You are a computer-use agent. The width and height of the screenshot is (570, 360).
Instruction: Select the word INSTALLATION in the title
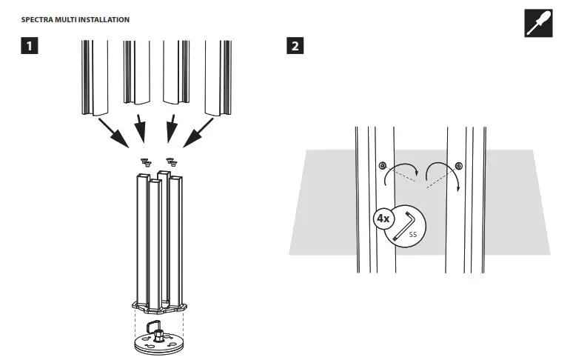(x=106, y=19)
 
